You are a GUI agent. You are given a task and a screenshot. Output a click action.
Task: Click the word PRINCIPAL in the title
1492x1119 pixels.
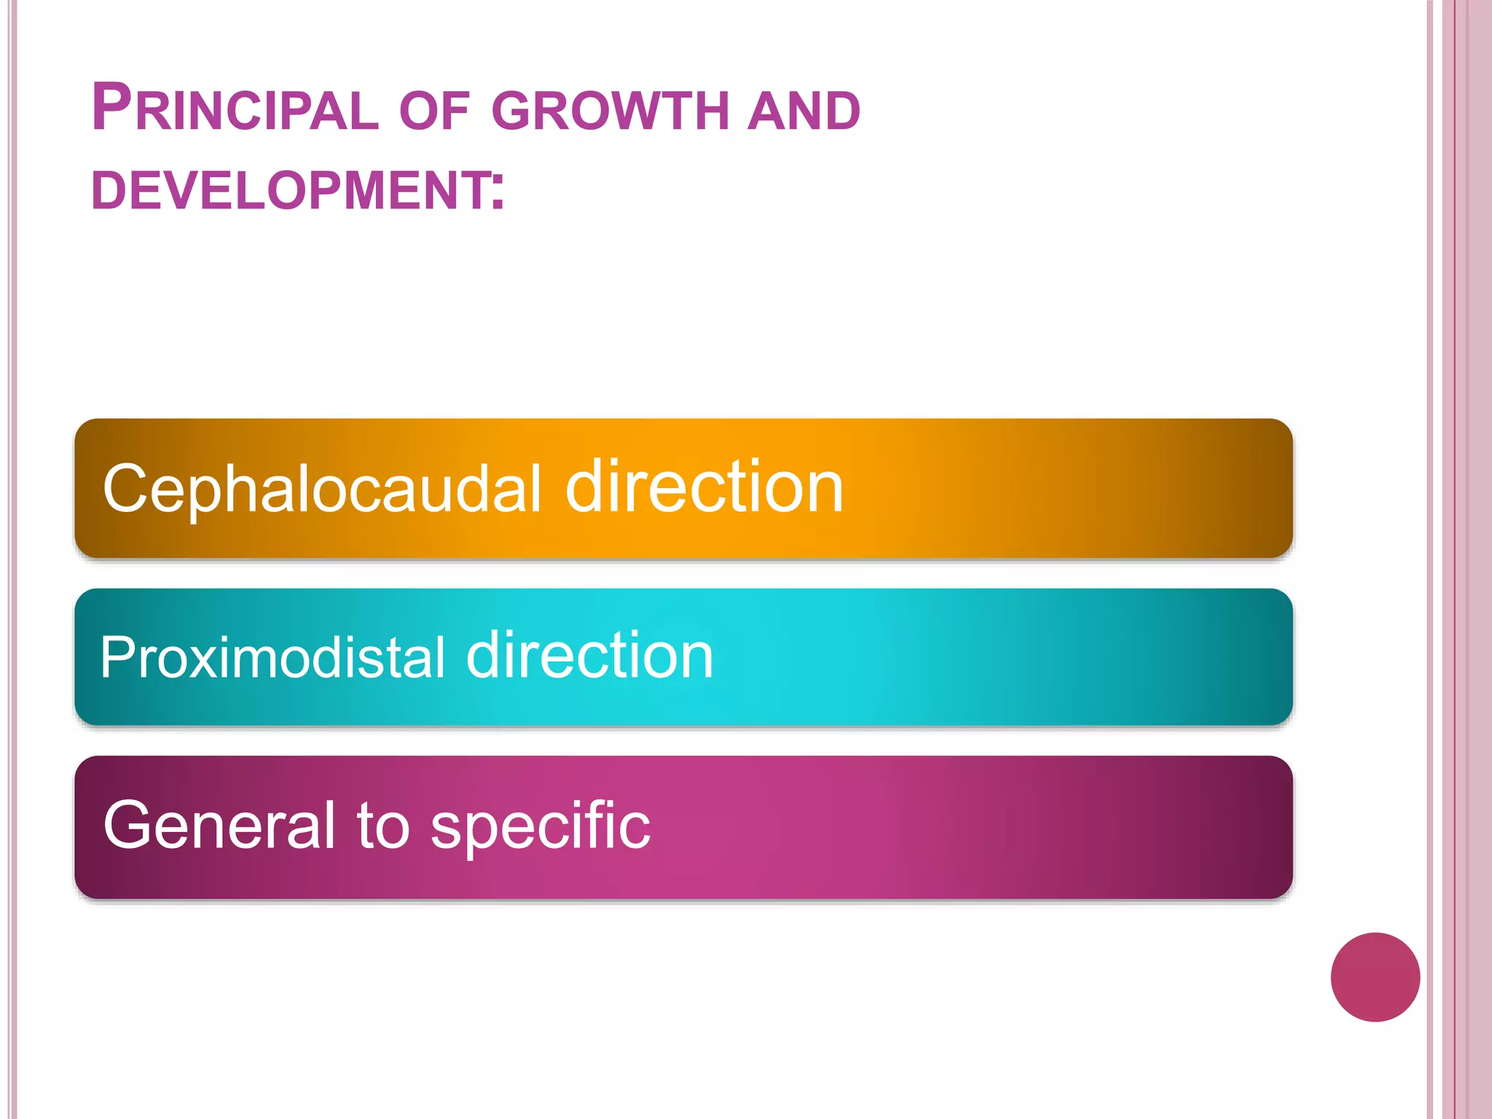click(x=235, y=109)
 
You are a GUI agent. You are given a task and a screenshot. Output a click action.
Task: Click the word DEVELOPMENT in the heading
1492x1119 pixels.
click(x=291, y=191)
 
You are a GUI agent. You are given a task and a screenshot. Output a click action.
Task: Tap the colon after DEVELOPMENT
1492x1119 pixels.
click(x=498, y=191)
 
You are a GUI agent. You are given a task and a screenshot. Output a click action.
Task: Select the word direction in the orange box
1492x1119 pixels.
click(x=704, y=487)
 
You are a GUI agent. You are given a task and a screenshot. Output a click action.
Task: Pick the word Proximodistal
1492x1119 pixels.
click(x=272, y=657)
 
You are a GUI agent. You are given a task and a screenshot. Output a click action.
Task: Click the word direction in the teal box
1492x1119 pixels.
click(x=590, y=656)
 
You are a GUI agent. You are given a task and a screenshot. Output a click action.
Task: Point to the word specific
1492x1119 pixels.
click(x=541, y=827)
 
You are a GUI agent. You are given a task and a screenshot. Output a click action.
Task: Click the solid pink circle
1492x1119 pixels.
click(x=1375, y=977)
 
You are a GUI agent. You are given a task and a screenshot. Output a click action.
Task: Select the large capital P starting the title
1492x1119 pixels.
click(x=111, y=108)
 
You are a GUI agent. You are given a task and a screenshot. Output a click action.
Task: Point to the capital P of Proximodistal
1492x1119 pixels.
click(x=116, y=657)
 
